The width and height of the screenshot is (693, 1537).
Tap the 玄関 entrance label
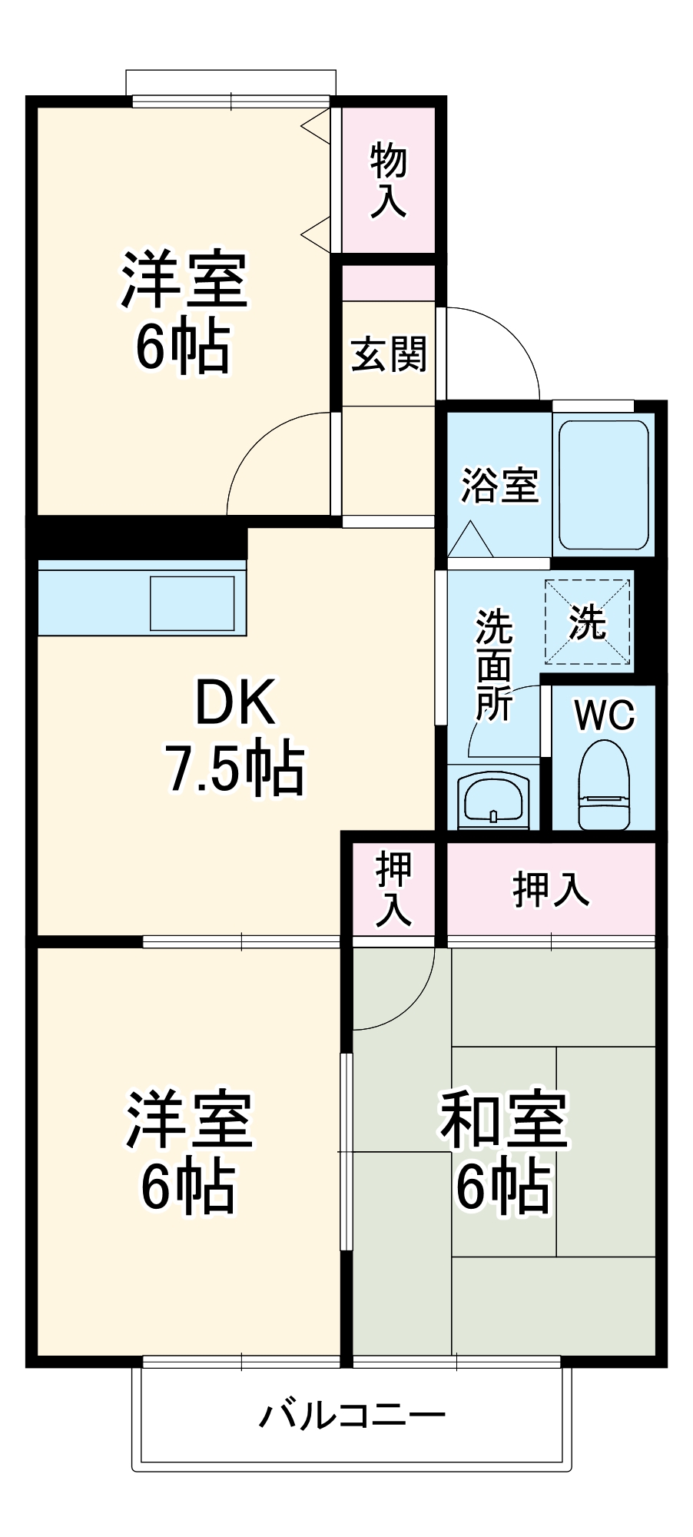point(388,354)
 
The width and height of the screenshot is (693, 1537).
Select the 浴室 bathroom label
point(499,486)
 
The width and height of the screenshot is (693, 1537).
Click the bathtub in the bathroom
point(603,483)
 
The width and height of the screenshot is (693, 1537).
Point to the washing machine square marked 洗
point(588,622)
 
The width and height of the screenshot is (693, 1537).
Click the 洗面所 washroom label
point(493,665)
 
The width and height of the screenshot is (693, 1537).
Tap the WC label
point(604,715)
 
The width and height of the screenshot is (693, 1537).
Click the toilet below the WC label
point(604,788)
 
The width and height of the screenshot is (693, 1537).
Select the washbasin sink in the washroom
point(493,799)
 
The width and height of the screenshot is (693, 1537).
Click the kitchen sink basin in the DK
point(192,603)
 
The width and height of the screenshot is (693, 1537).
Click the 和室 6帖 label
point(503,1153)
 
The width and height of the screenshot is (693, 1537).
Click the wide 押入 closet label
point(550,890)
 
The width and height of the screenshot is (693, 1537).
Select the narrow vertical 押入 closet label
point(393,890)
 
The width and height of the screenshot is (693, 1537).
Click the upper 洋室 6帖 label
point(183,311)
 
